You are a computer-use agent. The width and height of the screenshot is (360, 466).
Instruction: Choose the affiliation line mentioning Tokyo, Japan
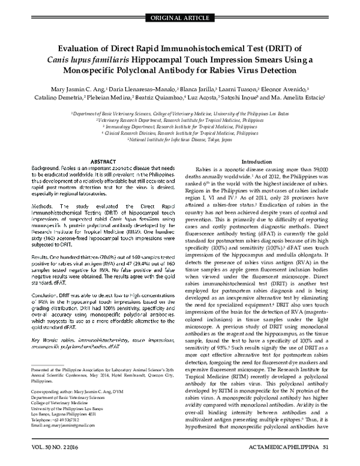tap(179, 139)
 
